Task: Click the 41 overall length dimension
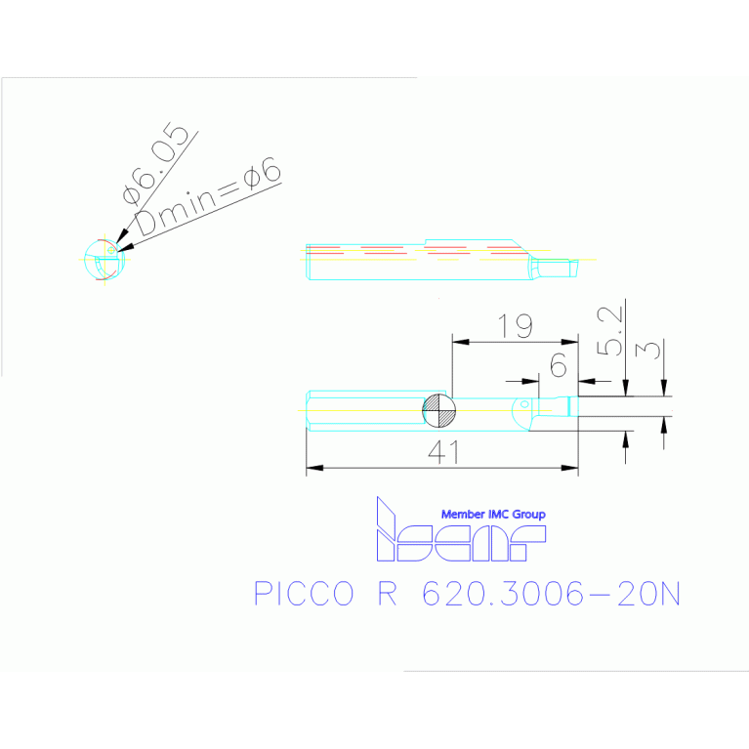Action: pyautogui.click(x=443, y=450)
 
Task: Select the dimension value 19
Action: pyautogui.click(x=515, y=326)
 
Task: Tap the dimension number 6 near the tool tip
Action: pyautogui.click(x=558, y=365)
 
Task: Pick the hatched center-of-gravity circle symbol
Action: pyautogui.click(x=438, y=411)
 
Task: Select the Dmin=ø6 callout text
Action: pyautogui.click(x=208, y=199)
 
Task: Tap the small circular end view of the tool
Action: pyautogui.click(x=102, y=261)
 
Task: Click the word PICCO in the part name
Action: pyautogui.click(x=302, y=594)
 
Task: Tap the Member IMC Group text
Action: pyautogui.click(x=493, y=514)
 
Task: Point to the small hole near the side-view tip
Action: pyautogui.click(x=524, y=403)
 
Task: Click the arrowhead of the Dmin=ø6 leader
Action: pyautogui.click(x=121, y=245)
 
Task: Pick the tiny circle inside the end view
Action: pyautogui.click(x=111, y=249)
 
